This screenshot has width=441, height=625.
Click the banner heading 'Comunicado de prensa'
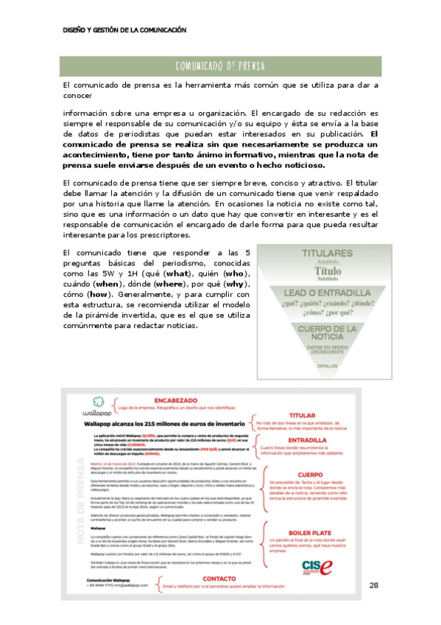coord(220,66)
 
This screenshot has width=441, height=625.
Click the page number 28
coord(374,584)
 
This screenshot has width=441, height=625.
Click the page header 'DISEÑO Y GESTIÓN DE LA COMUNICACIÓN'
coord(124,30)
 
